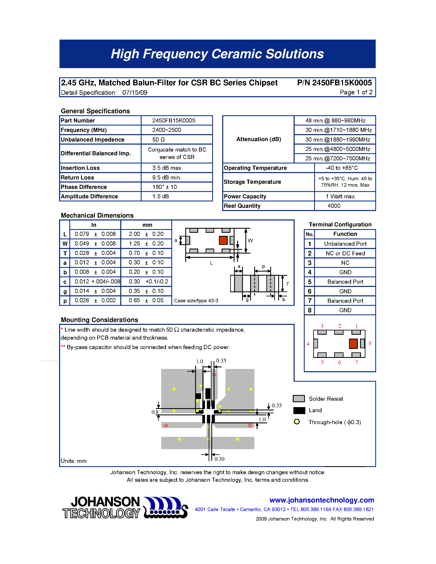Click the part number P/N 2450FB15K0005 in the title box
coord(334,83)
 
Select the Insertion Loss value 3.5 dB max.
coord(167,168)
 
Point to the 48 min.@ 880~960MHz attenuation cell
coord(335,120)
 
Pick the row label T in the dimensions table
coord(65,253)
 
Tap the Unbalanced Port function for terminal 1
coord(345,244)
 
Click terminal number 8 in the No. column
coord(309,310)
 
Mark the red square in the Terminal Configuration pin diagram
coord(353,344)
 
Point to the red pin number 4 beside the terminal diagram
coord(308,344)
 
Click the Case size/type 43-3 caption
coord(196,301)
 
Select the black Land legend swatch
coord(299,410)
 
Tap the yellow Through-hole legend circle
coord(297,422)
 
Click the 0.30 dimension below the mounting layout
coord(219,459)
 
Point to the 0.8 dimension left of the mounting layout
coord(155,412)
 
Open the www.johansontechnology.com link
coord(322,500)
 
